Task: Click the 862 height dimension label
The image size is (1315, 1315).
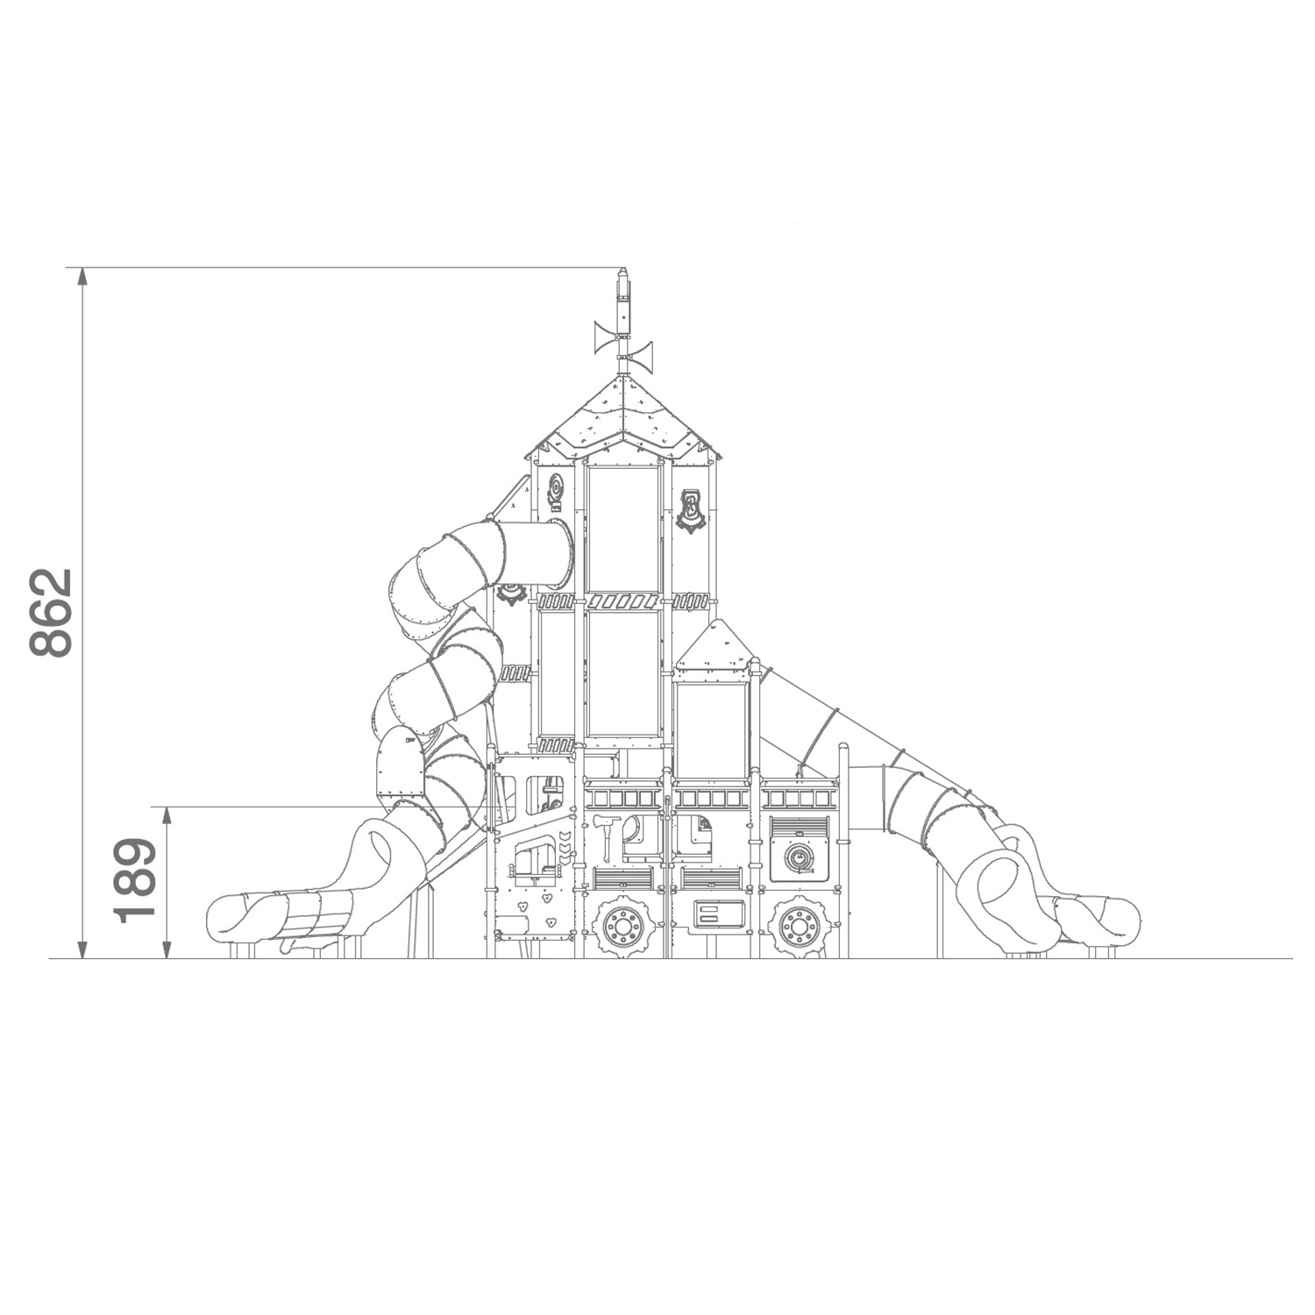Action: click(x=50, y=613)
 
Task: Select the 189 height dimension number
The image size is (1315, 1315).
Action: click(x=135, y=880)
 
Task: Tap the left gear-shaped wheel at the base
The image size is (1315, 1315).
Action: click(x=623, y=925)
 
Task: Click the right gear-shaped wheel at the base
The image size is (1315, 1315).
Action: click(x=798, y=925)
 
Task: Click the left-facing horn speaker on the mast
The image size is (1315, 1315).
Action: click(x=605, y=338)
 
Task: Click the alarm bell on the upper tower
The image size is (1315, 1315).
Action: click(x=556, y=492)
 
